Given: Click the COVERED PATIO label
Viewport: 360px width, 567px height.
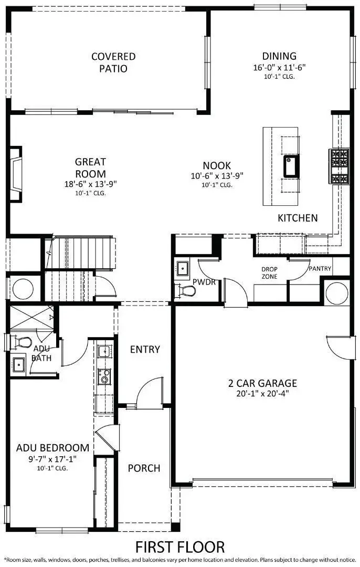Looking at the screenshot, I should tap(113, 62).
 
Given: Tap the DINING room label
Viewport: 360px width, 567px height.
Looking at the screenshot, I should tap(279, 56).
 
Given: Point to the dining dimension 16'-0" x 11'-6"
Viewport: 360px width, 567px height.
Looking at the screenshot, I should tap(279, 67).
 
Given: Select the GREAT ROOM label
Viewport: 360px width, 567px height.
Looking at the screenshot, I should tap(90, 168).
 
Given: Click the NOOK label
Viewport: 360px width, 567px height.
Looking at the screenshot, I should tap(217, 165).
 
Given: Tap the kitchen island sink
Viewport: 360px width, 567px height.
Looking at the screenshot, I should tap(291, 166).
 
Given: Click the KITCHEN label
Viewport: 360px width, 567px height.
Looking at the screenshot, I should tap(298, 218).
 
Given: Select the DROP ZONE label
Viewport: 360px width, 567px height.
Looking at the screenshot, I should tap(270, 273).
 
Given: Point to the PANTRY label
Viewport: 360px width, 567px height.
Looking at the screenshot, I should tap(320, 268).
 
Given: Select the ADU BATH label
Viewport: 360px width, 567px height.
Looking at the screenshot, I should tap(41, 353).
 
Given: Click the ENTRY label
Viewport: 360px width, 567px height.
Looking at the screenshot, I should tap(145, 349).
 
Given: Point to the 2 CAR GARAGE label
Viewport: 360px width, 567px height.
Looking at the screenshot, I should tap(263, 383).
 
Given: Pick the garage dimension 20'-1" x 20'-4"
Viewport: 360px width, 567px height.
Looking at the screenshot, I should tap(263, 394).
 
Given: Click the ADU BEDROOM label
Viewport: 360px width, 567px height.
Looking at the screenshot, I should tap(52, 448).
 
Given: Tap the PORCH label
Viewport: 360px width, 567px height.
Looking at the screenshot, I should tap(144, 468).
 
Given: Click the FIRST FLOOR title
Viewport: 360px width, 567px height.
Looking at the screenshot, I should tap(180, 547).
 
